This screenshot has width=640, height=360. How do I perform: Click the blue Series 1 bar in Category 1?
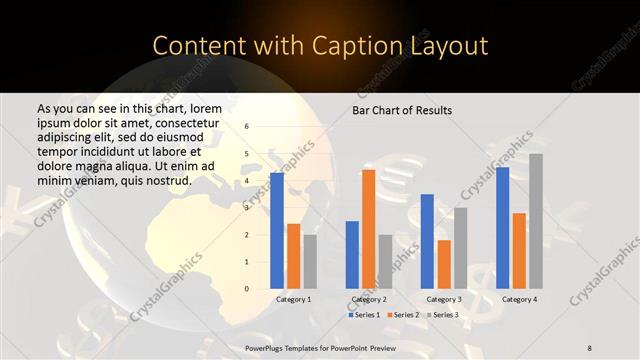pyautogui.click(x=277, y=231)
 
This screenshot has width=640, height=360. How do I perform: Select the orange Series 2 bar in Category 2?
pyautogui.click(x=368, y=229)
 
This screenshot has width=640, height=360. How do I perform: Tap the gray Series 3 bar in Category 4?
pyautogui.click(x=536, y=221)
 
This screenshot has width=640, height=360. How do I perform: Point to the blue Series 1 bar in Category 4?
pyautogui.click(x=503, y=228)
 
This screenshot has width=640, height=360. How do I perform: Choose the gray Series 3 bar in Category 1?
pyautogui.click(x=310, y=262)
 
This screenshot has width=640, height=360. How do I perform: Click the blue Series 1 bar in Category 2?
pyautogui.click(x=352, y=255)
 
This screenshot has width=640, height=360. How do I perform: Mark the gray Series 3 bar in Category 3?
pyautogui.click(x=460, y=248)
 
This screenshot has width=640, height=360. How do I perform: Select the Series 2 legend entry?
pyautogui.click(x=404, y=315)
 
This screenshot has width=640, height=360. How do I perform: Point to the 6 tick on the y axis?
pyautogui.click(x=247, y=127)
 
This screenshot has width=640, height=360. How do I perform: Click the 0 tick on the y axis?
pyautogui.click(x=247, y=289)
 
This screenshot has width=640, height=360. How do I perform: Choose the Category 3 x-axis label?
pyautogui.click(x=444, y=300)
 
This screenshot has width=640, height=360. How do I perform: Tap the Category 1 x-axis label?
pyautogui.click(x=293, y=300)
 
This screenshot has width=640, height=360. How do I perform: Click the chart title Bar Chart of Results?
pyautogui.click(x=403, y=109)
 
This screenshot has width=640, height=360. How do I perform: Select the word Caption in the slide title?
pyautogui.click(x=360, y=46)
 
